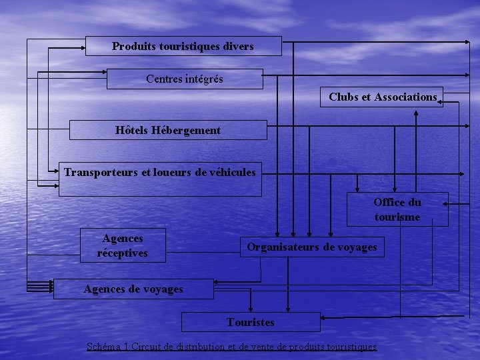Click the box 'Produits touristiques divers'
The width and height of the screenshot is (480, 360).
coord(183,46)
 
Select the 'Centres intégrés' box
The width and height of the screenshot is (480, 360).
coord(185,79)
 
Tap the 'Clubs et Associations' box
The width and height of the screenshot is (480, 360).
coord(382,97)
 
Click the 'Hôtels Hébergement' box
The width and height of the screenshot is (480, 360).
coord(168,130)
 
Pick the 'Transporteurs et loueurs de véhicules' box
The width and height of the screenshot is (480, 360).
coord(160,179)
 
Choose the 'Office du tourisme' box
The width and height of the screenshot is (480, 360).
coord(397,209)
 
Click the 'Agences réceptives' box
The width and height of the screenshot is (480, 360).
coord(123,245)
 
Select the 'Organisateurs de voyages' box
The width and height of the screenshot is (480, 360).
coord(312,247)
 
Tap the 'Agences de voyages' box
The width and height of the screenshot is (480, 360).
coord(133,289)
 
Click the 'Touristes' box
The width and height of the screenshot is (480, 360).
coord(251,322)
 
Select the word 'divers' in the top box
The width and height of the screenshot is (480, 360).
coord(239,46)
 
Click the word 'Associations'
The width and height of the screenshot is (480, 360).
coord(405,97)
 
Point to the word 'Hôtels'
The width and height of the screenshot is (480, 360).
coord(131,130)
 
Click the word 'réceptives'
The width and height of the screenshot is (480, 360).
coord(123,253)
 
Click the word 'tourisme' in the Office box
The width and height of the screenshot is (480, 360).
coord(397,217)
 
